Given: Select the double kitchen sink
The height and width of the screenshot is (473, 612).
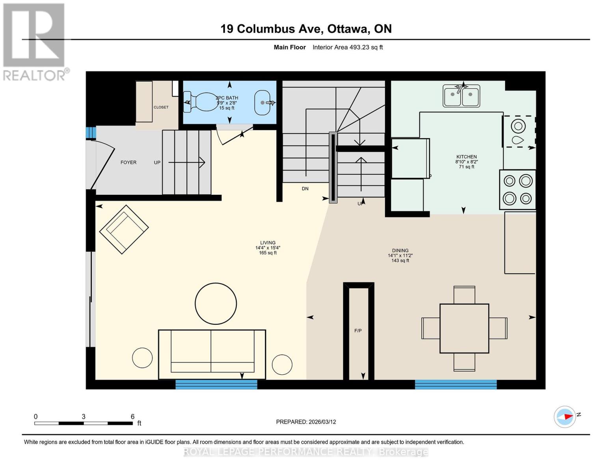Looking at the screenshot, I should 461,96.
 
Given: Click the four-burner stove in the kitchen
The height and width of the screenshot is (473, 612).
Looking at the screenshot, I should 517,190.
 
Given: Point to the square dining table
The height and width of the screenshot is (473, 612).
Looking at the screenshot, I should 464,328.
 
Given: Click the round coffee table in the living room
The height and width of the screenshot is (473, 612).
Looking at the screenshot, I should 216,304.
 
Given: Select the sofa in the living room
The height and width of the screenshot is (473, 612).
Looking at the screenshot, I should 212,354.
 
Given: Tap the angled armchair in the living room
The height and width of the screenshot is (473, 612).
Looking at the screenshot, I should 124,229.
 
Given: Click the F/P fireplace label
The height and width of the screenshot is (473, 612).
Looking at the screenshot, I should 358,331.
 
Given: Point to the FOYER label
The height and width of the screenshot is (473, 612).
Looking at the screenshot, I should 128,162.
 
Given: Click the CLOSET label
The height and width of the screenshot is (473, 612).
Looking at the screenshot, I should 161,107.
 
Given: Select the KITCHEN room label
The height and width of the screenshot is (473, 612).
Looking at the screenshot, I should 467,156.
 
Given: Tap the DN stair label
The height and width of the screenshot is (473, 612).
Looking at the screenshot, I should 305,189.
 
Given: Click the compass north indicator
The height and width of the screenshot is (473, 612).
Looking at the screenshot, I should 565,416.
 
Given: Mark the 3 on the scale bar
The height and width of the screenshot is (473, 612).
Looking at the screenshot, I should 84,417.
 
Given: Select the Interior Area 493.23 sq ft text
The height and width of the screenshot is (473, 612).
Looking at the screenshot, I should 348,47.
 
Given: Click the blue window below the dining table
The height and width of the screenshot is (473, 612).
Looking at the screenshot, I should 456,384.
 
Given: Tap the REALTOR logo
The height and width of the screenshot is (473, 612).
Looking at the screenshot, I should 35,41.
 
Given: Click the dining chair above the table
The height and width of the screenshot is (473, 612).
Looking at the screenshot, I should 464,294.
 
